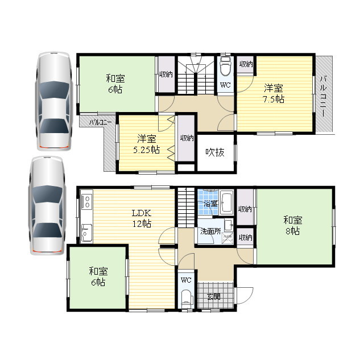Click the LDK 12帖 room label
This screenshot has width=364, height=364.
(142, 218)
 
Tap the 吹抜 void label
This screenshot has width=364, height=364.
(215, 152)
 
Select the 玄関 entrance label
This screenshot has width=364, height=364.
(214, 296)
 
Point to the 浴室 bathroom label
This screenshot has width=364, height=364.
(210, 204)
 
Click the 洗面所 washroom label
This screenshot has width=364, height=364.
(210, 231)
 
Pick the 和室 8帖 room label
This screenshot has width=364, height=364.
(293, 225)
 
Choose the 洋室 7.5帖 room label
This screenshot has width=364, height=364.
(274, 93)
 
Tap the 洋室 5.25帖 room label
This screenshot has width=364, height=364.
(147, 144)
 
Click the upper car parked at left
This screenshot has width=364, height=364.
(54, 101)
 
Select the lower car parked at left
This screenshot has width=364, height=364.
(47, 205)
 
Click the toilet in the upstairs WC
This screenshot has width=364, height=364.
(225, 66)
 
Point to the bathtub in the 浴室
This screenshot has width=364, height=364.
(226, 202)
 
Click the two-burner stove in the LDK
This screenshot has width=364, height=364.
(87, 201)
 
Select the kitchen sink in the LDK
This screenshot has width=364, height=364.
(86, 233)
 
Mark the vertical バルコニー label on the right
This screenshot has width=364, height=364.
(324, 96)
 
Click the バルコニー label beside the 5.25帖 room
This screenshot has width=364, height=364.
(101, 122)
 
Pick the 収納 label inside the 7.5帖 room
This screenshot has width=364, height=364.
(246, 64)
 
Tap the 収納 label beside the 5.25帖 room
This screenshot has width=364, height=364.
(187, 138)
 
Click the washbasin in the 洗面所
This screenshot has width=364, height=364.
(229, 225)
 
